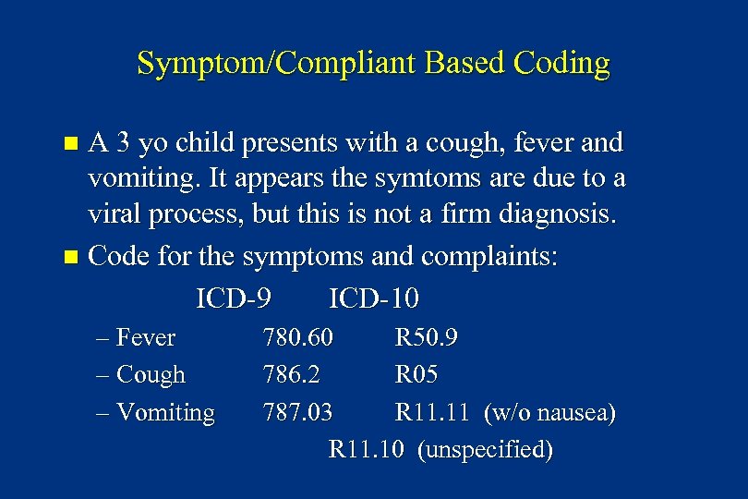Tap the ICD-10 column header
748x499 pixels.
click(x=374, y=298)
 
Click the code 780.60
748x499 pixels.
click(x=298, y=337)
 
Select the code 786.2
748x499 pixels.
click(x=292, y=375)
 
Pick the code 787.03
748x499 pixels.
click(x=298, y=413)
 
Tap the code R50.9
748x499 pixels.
click(x=427, y=337)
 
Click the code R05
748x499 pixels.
click(x=416, y=375)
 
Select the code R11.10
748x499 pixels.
click(x=367, y=450)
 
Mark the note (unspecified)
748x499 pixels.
click(x=485, y=450)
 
